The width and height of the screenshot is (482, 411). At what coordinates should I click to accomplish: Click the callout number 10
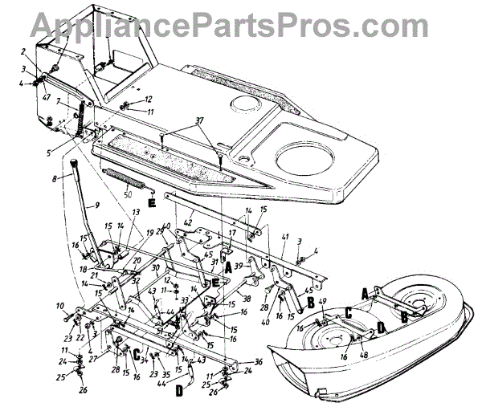59,307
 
